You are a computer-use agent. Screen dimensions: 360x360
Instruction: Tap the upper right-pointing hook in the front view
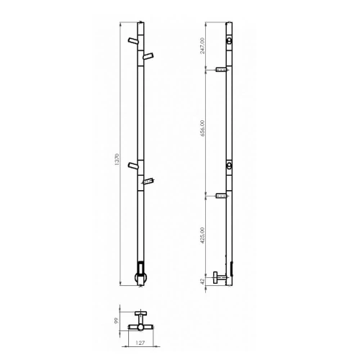pyautogui.click(x=148, y=55)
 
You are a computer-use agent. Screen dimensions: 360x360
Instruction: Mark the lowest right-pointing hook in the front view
pyautogui.click(x=148, y=181)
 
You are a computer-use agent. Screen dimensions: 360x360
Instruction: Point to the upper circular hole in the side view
pyautogui.click(x=229, y=42)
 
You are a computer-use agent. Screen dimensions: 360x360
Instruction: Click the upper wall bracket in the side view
pyautogui.click(x=221, y=70)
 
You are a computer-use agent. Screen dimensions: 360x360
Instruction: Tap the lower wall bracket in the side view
pyautogui.click(x=221, y=195)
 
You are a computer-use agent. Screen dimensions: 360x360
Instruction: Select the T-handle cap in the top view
pyautogui.click(x=141, y=312)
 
